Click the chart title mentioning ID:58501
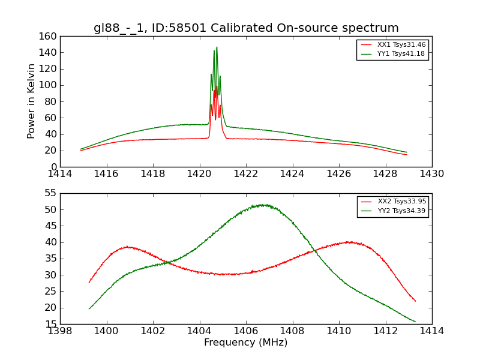pos(246,28)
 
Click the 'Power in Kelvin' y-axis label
pos(31,101)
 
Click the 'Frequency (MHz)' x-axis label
pos(246,343)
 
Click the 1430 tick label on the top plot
pos(432,174)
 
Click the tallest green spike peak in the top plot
pos(217,47)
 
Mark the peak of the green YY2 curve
pos(263,205)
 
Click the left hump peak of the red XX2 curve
pos(127,247)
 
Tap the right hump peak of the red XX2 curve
pos(349,242)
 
